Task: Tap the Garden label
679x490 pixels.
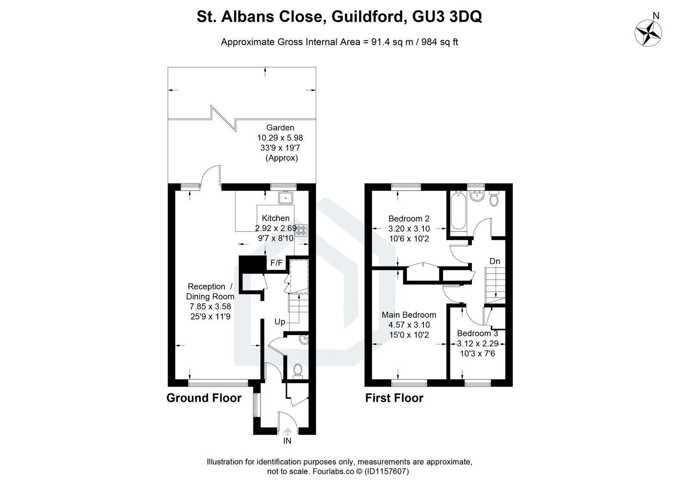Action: pyautogui.click(x=280, y=127)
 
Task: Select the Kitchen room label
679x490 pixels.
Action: pyautogui.click(x=275, y=218)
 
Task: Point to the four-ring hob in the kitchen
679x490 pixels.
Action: pyautogui.click(x=301, y=230)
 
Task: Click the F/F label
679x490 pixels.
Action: pyautogui.click(x=276, y=263)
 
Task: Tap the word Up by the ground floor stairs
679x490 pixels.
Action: pyautogui.click(x=280, y=322)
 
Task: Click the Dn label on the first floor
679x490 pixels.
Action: pyautogui.click(x=495, y=261)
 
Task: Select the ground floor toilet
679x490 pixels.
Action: pyautogui.click(x=297, y=370)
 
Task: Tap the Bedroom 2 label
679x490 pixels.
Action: pyautogui.click(x=409, y=218)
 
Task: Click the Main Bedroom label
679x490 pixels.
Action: pyautogui.click(x=409, y=315)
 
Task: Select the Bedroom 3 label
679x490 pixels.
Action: pyautogui.click(x=477, y=333)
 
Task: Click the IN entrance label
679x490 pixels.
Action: pyautogui.click(x=287, y=441)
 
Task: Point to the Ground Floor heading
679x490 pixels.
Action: pyautogui.click(x=204, y=398)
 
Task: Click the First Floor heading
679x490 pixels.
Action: pyautogui.click(x=394, y=398)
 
